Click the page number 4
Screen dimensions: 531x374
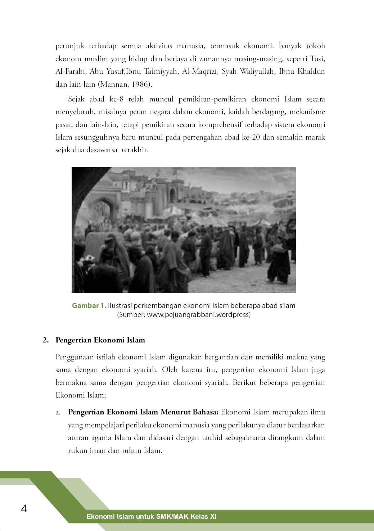24,509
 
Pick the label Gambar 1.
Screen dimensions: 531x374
89,306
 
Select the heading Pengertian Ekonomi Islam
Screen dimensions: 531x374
100,340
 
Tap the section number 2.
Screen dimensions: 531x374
45,340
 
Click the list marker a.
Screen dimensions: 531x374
58,412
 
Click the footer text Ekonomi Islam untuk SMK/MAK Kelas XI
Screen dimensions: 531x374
151,517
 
